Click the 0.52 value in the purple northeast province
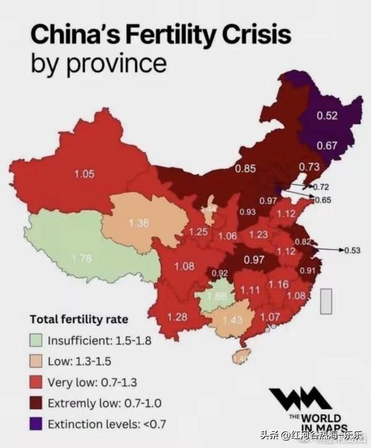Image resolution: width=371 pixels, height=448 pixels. click(x=326, y=116)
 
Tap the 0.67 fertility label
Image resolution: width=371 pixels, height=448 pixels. click(x=327, y=145)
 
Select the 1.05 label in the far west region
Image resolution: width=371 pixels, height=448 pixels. click(x=84, y=174)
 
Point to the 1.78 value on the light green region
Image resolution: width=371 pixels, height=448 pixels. click(x=80, y=257)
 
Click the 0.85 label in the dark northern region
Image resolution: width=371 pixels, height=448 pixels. click(x=245, y=168)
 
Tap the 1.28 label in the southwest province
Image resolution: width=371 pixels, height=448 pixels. click(x=177, y=317)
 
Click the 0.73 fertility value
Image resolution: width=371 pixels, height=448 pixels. click(x=309, y=167)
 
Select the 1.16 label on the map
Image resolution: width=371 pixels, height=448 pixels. click(x=279, y=285)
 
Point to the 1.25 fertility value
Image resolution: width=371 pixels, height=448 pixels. click(x=198, y=232)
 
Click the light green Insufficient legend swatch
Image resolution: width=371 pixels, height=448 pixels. click(x=38, y=339)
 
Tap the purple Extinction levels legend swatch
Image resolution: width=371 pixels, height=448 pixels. click(x=38, y=424)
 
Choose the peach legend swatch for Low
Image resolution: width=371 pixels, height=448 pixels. click(x=38, y=360)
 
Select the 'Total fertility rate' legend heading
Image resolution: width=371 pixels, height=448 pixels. click(x=79, y=319)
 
